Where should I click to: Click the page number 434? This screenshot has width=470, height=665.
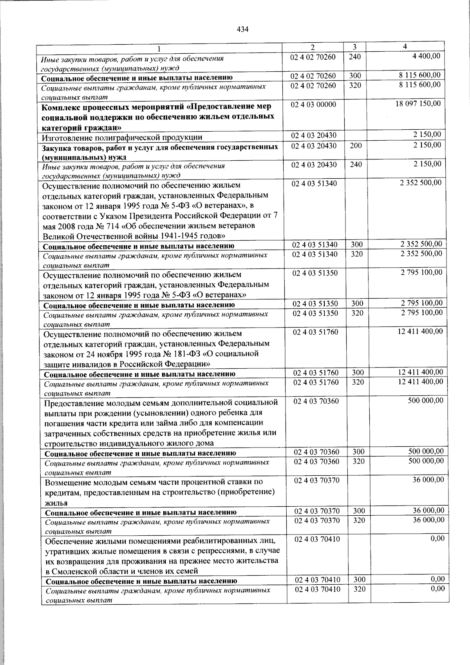tap(243, 29)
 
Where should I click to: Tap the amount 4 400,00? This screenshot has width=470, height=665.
tap(426, 56)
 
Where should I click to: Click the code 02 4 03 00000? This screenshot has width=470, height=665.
tap(314, 105)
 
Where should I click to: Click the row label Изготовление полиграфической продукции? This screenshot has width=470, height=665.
tap(122, 137)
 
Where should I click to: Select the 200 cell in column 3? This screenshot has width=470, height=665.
tap(356, 145)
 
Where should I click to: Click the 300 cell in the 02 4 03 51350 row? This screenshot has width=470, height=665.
tap(357, 303)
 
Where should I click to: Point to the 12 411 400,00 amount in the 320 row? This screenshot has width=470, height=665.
tap(420, 382)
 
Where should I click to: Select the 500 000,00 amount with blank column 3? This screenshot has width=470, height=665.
tap(425, 400)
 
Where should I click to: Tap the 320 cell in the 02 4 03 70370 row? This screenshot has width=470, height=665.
tap(358, 520)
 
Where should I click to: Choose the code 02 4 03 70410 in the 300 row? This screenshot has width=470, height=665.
tap(317, 580)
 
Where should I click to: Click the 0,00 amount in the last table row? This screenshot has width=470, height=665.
tap(437, 589)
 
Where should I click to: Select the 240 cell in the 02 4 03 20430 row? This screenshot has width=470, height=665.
tap(356, 165)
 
